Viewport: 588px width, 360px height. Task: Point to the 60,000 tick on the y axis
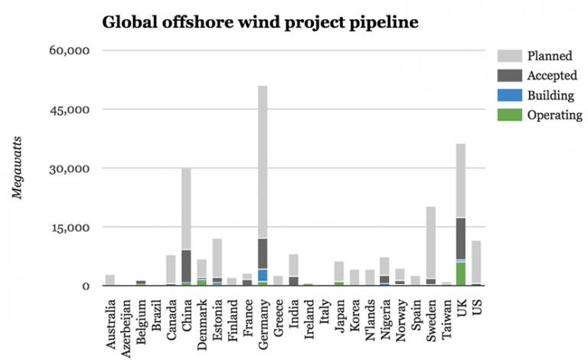70,51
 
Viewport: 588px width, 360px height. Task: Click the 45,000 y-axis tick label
70,110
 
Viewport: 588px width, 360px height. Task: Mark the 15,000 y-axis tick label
70,227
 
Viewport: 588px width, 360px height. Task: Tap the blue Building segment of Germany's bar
262,275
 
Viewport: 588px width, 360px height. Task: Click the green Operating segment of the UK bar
460,273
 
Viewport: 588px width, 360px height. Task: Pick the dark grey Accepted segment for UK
460,238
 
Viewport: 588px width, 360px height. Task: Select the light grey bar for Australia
110,280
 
